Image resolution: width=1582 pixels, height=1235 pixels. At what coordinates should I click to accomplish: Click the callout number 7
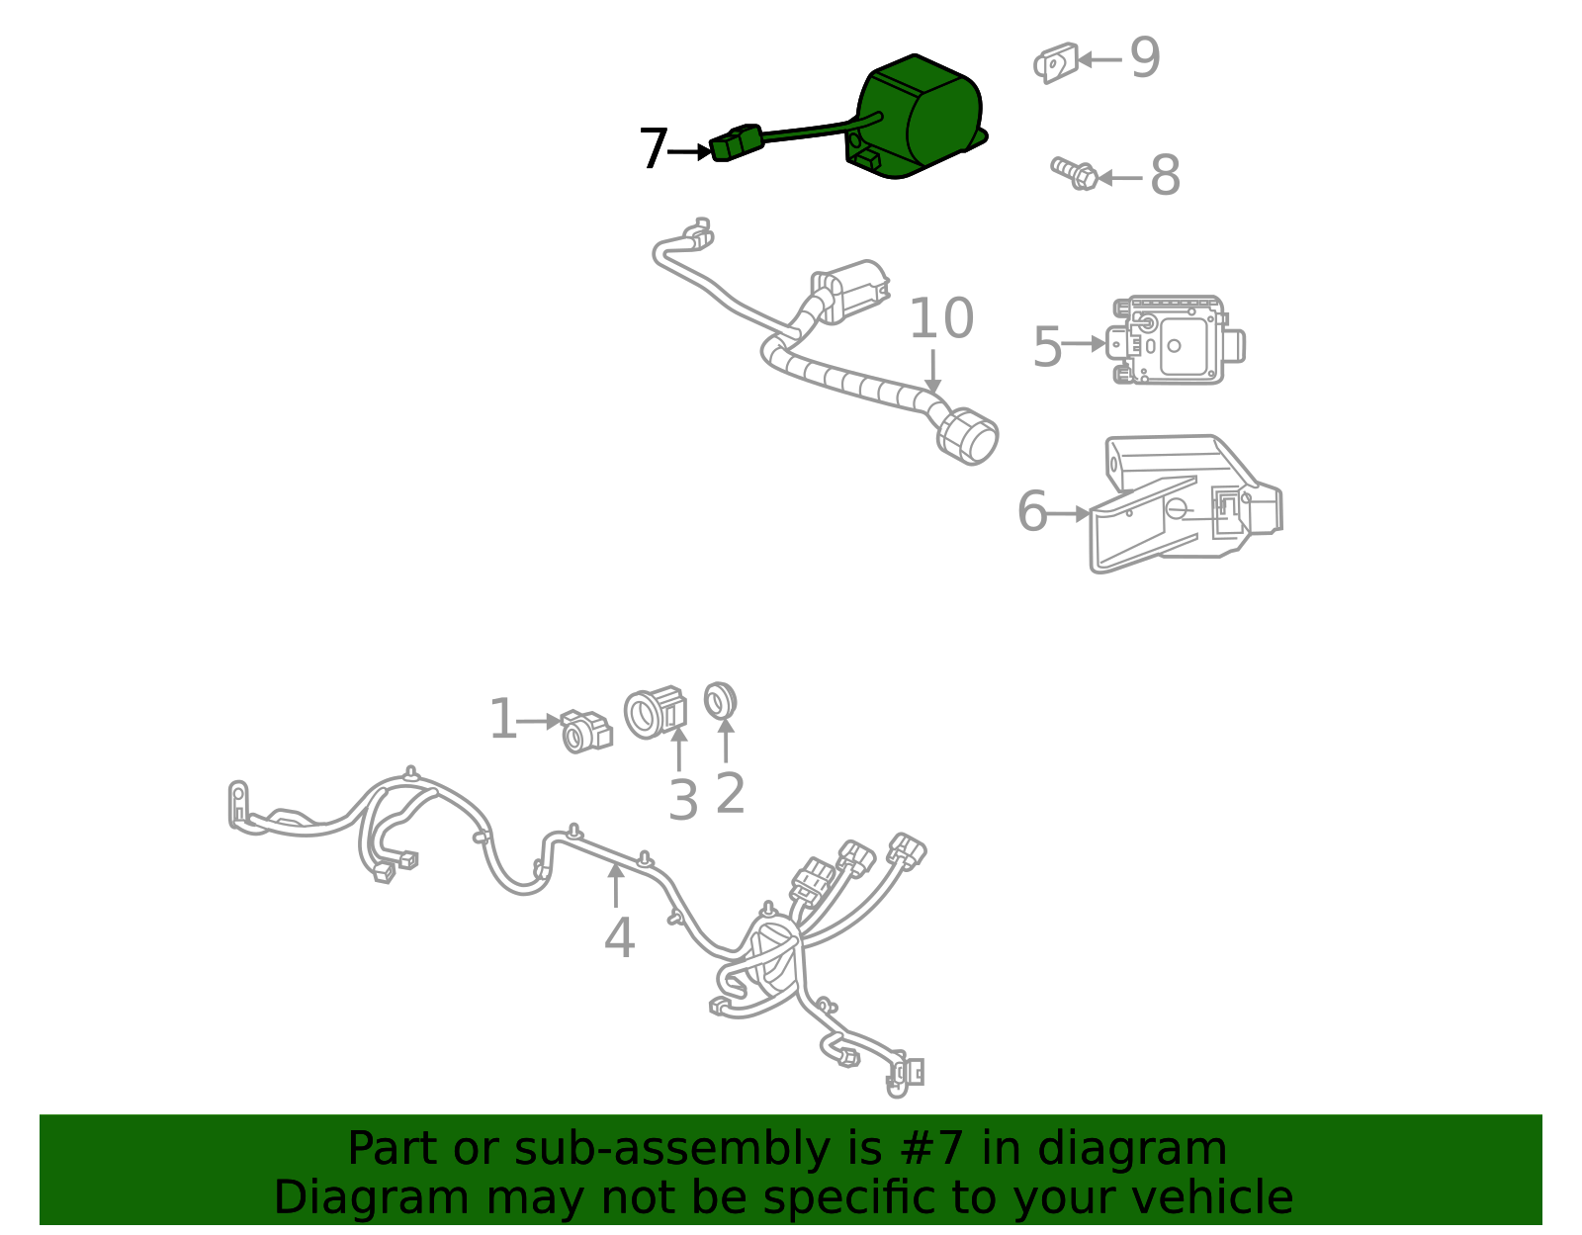pyautogui.click(x=653, y=148)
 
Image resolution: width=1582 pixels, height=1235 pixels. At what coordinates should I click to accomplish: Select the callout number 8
pyautogui.click(x=1165, y=175)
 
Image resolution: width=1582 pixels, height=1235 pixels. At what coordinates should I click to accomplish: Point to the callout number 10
pyautogui.click(x=941, y=318)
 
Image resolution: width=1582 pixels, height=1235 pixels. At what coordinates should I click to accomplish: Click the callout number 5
pyautogui.click(x=1048, y=346)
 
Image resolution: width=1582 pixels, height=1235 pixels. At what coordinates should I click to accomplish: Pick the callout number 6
pyautogui.click(x=1031, y=511)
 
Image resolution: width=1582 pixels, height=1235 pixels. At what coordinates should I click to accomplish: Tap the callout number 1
pyautogui.click(x=503, y=718)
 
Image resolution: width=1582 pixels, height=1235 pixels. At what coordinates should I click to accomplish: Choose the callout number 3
pyautogui.click(x=683, y=801)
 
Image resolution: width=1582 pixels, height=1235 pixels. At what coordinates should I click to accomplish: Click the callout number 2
pyautogui.click(x=731, y=793)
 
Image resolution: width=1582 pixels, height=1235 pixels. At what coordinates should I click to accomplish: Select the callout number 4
pyautogui.click(x=619, y=937)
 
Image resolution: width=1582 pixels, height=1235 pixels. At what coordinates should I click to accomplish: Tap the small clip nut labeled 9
pyautogui.click(x=1056, y=62)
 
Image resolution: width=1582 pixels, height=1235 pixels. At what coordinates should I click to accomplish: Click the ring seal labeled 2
pyautogui.click(x=720, y=700)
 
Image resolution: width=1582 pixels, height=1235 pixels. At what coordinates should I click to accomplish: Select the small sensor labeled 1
pyautogui.click(x=586, y=732)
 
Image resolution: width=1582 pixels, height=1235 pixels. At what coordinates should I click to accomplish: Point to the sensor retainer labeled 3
pyautogui.click(x=656, y=713)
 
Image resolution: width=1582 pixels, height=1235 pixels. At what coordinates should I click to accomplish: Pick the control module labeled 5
pyautogui.click(x=1175, y=340)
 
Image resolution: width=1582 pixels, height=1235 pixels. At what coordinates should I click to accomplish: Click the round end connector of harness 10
pyautogui.click(x=967, y=437)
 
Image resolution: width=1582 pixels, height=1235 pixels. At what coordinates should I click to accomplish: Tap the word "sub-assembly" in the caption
pyautogui.click(x=671, y=1148)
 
